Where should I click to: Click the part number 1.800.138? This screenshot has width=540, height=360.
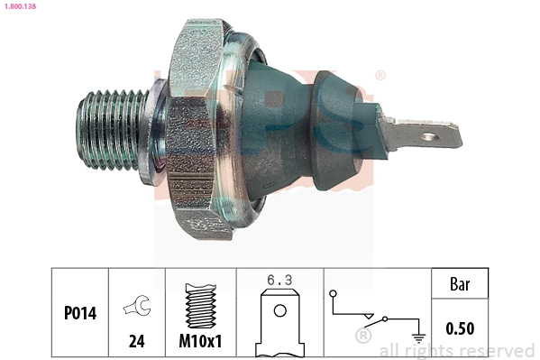pos(20,5)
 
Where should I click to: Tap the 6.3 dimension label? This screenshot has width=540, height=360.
pos(279,280)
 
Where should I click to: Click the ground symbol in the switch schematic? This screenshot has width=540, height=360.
pos(417,337)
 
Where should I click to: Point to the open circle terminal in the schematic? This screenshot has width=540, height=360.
pos(333,293)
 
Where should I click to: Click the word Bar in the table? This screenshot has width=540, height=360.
pos(461,284)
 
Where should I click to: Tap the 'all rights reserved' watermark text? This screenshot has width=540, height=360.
pos(456,350)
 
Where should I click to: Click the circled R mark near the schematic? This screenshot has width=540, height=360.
pos(363,337)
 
